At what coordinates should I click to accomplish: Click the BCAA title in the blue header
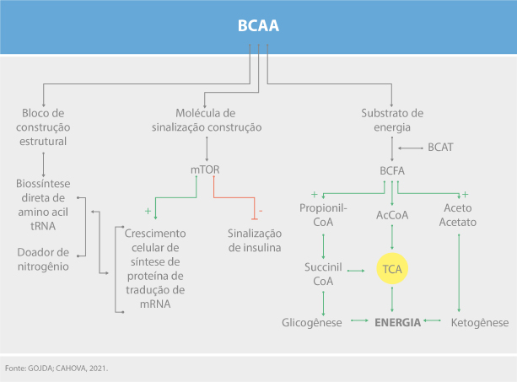(258, 27)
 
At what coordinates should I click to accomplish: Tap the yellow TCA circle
(392, 270)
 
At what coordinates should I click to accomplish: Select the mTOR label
(204, 169)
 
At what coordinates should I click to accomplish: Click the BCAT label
(440, 147)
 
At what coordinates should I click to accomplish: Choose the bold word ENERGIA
(397, 322)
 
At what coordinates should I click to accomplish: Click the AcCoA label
(392, 215)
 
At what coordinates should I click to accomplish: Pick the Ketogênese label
(481, 322)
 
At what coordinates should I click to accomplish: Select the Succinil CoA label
(323, 274)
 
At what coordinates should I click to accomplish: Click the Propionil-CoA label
(323, 215)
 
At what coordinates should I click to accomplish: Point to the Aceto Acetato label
(459, 215)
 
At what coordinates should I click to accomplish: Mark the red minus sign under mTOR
(260, 209)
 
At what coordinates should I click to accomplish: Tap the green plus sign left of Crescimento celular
(148, 209)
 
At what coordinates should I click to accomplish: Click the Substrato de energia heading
(392, 120)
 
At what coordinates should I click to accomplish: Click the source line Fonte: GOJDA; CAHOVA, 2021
(57, 369)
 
